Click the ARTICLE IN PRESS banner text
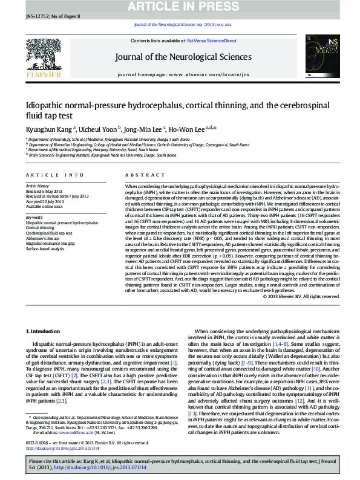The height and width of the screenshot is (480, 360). pyautogui.click(x=179, y=7)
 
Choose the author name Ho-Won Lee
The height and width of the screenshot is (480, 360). pyautogui.click(x=186, y=128)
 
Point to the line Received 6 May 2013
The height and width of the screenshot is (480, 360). pyautogui.click(x=44, y=192)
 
